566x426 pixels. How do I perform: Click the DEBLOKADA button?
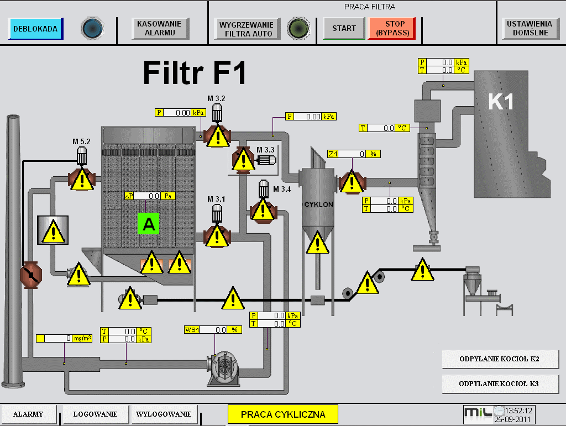(x=36, y=29)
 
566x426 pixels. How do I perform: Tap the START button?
(x=344, y=28)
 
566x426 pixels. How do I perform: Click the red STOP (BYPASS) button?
(x=392, y=28)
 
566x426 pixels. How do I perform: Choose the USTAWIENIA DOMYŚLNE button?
(x=530, y=28)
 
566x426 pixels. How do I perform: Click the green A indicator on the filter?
(x=148, y=224)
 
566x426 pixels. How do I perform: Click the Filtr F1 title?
(x=195, y=72)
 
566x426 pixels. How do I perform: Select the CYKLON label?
(x=319, y=204)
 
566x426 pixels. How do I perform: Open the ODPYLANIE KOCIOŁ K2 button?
(x=500, y=359)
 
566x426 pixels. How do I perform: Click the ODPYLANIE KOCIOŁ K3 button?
(x=500, y=384)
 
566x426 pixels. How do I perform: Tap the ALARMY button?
(x=29, y=414)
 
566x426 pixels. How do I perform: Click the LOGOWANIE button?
(x=96, y=414)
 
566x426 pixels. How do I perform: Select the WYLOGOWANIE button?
(x=164, y=414)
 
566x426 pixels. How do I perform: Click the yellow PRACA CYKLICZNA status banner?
(x=283, y=414)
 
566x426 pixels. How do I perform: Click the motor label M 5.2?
(x=81, y=141)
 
